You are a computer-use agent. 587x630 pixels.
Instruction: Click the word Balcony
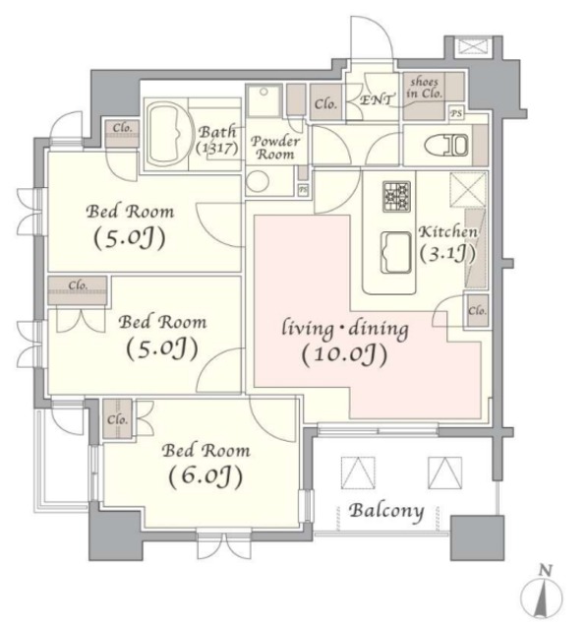tap(386, 511)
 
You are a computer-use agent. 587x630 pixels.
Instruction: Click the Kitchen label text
tap(448, 232)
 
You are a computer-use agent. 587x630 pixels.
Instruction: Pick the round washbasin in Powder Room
tap(259, 180)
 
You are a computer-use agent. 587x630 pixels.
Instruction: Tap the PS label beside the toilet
tap(455, 113)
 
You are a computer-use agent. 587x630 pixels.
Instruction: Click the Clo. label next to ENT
tap(326, 102)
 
